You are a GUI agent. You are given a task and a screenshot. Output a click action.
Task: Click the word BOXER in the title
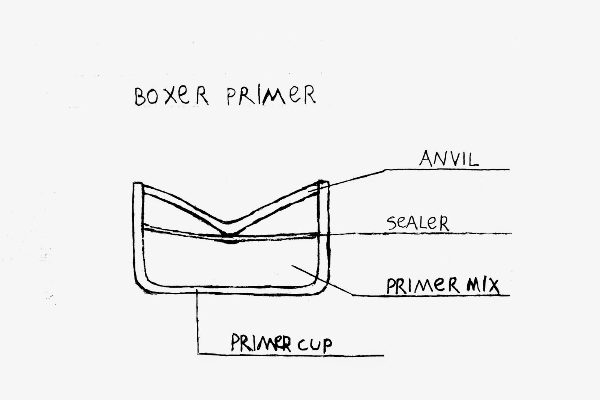(x=171, y=97)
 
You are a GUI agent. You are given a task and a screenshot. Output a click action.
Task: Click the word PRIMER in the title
(x=271, y=95)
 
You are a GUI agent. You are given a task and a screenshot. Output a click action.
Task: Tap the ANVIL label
(x=448, y=159)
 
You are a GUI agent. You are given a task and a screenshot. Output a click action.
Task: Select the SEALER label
(x=418, y=224)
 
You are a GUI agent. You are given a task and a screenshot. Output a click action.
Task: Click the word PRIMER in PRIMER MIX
(x=423, y=286)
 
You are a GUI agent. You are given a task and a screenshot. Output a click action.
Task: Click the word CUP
(x=315, y=344)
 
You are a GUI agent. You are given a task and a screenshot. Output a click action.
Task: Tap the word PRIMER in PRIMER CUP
(x=261, y=343)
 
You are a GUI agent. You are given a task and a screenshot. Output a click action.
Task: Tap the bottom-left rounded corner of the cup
(x=142, y=285)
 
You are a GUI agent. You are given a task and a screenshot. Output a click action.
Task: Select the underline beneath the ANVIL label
(x=450, y=170)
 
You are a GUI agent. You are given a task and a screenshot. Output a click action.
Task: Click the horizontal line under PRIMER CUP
(x=292, y=355)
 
